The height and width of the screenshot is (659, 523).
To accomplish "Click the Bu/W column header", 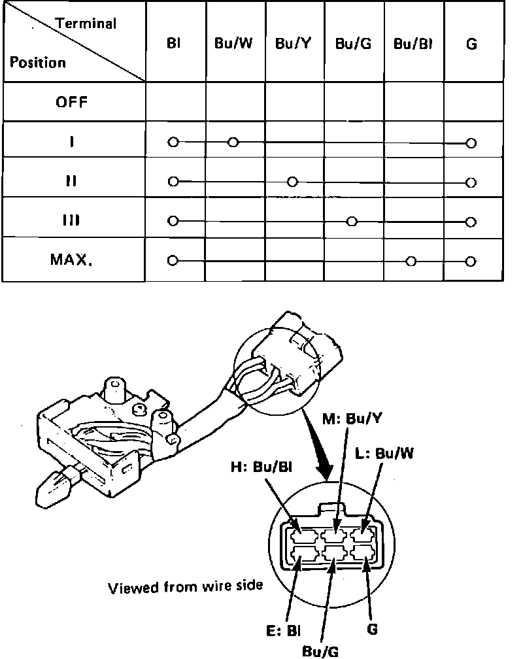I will coord(235,44).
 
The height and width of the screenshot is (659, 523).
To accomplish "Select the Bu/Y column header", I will coord(294,44).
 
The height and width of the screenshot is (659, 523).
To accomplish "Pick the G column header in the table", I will coord(472,44).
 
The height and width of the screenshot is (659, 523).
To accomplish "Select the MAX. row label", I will coord(72,260).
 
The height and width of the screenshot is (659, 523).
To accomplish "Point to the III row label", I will coord(72,220).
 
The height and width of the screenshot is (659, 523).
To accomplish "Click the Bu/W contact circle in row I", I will coord(233,142).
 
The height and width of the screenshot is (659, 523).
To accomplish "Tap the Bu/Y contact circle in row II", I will coord(293,182).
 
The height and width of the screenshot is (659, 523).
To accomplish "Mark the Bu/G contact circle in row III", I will coord(352,222).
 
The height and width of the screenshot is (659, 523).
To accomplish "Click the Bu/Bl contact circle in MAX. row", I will coord(411,262).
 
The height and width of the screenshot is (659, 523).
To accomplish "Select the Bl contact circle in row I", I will coord(173,142).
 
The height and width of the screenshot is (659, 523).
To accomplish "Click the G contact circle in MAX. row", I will coord(471,262).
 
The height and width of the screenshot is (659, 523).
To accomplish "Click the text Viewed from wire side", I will coord(186,586).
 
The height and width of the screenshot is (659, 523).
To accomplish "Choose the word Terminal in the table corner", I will coord(86,24).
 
